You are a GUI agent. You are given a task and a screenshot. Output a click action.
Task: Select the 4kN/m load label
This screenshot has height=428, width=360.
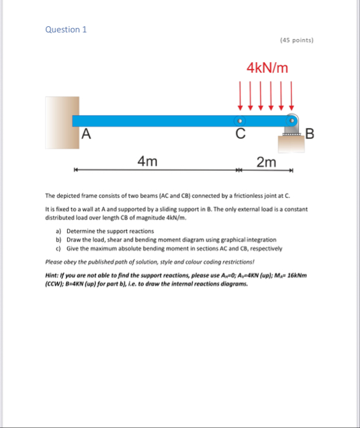coord(267,67)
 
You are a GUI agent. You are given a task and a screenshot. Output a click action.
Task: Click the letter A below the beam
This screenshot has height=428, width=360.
coord(86,133)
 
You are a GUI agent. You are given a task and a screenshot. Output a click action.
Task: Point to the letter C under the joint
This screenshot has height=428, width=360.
coord(240,133)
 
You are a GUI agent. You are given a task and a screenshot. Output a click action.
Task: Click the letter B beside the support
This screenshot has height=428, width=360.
coord(311,133)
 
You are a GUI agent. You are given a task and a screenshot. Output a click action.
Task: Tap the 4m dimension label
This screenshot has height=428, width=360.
coord(147,162)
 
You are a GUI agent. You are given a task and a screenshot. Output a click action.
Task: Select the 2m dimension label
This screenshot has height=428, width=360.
coord(266,162)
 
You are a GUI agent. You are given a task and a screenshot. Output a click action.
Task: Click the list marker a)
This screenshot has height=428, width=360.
coord(59,231)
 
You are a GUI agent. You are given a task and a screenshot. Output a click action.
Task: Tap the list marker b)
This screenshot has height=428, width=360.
coord(59,240)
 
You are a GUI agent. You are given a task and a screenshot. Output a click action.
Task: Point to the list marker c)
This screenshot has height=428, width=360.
coord(59,248)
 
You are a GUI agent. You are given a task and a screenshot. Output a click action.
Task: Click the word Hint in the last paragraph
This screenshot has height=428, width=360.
coord(53,275)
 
